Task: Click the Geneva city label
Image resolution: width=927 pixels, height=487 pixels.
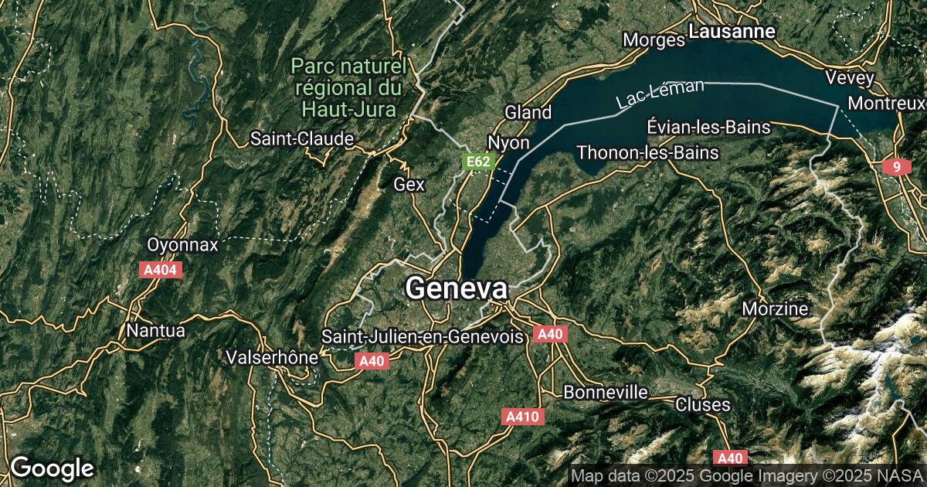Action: tap(456, 288)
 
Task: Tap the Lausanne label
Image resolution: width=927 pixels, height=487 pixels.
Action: tap(732, 32)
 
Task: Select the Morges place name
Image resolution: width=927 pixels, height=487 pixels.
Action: tap(654, 39)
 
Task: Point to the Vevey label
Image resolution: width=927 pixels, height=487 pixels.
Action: tap(849, 78)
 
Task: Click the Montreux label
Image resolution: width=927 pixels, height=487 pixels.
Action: tap(886, 103)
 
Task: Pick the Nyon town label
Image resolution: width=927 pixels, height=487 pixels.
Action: tap(508, 143)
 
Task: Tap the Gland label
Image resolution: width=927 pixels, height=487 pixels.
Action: tap(528, 112)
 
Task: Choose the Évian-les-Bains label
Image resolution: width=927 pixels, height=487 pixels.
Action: tap(709, 127)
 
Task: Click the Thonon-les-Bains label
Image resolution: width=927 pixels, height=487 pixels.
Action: tap(647, 152)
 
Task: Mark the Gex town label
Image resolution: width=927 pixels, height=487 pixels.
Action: tap(409, 184)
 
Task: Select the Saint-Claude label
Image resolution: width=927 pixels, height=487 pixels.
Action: tap(302, 139)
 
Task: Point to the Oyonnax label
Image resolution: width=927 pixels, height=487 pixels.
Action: tap(183, 244)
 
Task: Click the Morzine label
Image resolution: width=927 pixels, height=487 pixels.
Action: tap(775, 309)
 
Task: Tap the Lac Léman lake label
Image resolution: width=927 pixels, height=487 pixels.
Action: tap(660, 94)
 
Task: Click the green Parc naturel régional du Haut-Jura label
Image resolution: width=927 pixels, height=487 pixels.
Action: tap(349, 87)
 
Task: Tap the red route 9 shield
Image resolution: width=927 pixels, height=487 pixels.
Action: tap(896, 167)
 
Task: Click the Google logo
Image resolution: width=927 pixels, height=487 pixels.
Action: tap(52, 468)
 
